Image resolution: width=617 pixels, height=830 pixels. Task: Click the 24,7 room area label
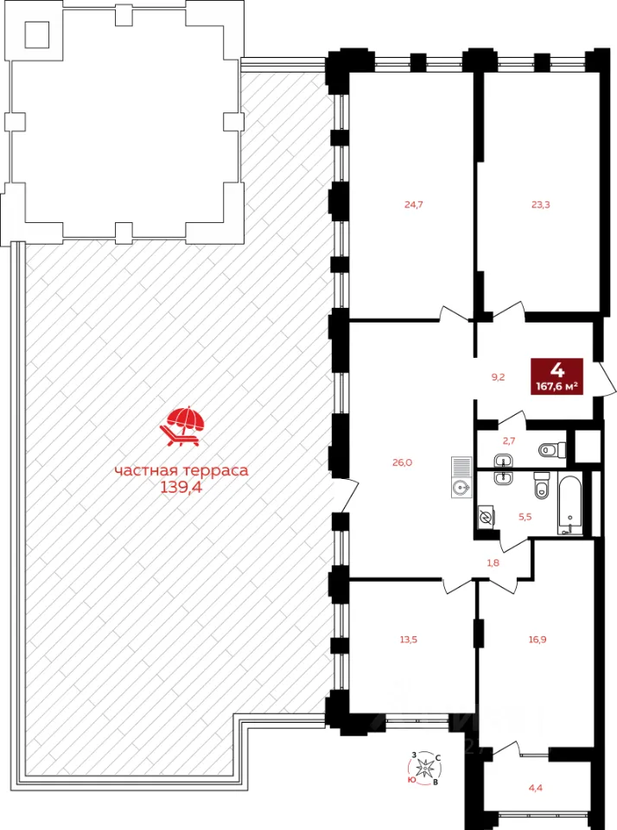tap(414, 204)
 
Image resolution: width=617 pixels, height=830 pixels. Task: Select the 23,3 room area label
tap(540, 204)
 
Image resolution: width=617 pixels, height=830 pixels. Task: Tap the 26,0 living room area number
tap(402, 463)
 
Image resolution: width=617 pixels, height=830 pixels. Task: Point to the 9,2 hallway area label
tap(498, 378)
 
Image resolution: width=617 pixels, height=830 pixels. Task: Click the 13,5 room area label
tap(409, 640)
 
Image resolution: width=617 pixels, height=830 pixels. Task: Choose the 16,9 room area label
tap(537, 640)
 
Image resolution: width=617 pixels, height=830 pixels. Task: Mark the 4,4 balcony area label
tap(536, 788)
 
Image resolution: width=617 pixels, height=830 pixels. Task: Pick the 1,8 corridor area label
tap(493, 563)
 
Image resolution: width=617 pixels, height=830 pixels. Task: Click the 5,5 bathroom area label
tap(525, 517)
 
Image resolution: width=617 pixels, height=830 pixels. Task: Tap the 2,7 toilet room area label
tap(508, 440)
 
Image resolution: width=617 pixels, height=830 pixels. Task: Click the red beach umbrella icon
tap(182, 426)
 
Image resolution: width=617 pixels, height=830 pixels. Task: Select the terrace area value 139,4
tap(181, 488)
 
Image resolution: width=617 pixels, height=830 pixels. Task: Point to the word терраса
tap(216, 470)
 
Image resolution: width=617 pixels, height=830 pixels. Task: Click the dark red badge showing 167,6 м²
tap(557, 376)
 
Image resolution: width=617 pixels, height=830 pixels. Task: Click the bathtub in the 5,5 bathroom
tap(570, 503)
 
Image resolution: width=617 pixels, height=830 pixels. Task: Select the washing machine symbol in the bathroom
tap(486, 517)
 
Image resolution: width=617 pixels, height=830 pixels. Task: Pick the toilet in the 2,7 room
tap(552, 450)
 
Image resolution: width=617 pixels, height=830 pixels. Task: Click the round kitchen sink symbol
tap(461, 486)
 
